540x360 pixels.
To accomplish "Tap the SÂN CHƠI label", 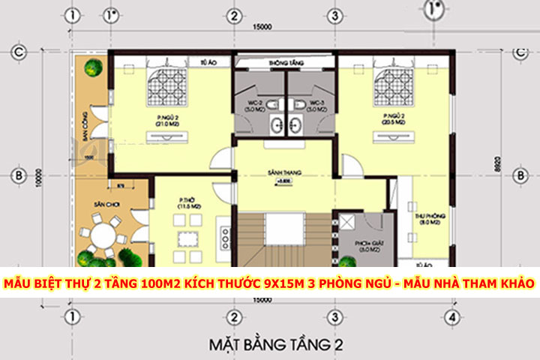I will click(102, 204).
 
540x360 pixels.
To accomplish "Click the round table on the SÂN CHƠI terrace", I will click(103, 235).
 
